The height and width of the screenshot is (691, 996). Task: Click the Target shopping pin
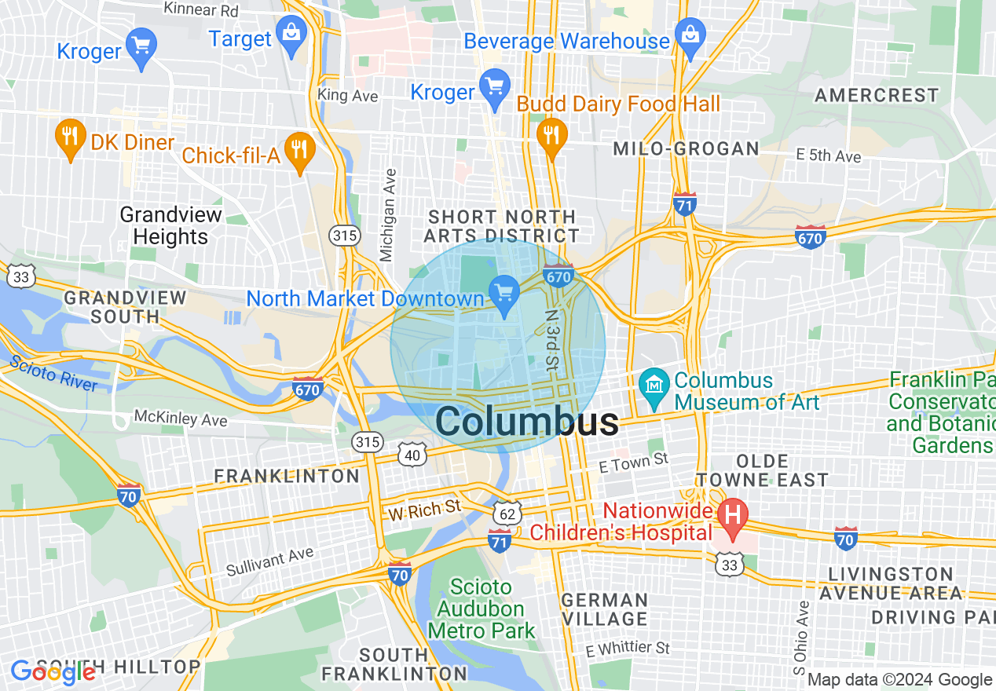(x=291, y=36)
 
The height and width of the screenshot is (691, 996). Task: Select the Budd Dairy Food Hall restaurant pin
(x=552, y=134)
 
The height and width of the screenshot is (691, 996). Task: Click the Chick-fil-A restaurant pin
(x=298, y=151)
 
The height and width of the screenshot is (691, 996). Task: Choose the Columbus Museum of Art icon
(x=653, y=384)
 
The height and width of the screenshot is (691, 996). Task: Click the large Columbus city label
(x=526, y=422)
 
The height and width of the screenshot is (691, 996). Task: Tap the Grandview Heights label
(x=170, y=225)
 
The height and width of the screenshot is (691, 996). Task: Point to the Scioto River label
(x=53, y=373)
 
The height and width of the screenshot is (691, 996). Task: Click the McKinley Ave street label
(x=180, y=417)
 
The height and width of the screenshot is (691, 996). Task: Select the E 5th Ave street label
(x=828, y=156)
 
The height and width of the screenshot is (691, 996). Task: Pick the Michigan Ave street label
(x=386, y=214)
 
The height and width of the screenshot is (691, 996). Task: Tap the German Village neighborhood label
(x=605, y=609)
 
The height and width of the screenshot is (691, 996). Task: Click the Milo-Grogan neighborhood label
(x=686, y=148)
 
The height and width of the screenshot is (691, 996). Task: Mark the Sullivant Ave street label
(x=269, y=562)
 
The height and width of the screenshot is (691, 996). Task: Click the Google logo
(x=53, y=671)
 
